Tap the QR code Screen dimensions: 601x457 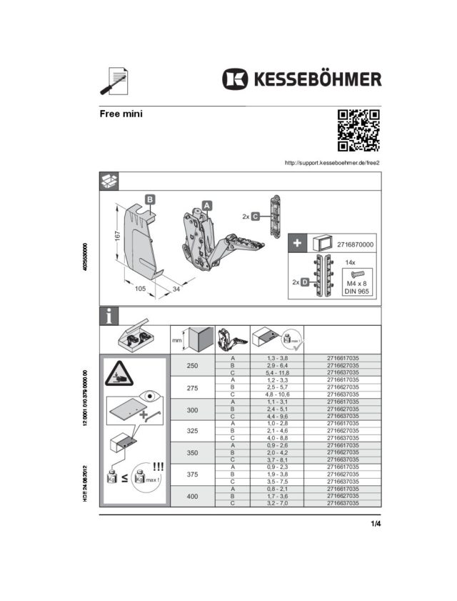[358, 130]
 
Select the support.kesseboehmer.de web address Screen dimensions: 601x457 [331, 163]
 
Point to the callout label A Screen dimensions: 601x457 [207, 205]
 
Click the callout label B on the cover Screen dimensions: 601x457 [150, 199]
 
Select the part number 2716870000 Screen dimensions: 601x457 [356, 244]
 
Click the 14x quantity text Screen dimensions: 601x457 [350, 262]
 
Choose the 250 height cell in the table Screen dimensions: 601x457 [192, 365]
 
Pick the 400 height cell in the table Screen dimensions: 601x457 [192, 496]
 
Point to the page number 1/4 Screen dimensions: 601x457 [376, 525]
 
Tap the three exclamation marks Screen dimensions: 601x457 [159, 465]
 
